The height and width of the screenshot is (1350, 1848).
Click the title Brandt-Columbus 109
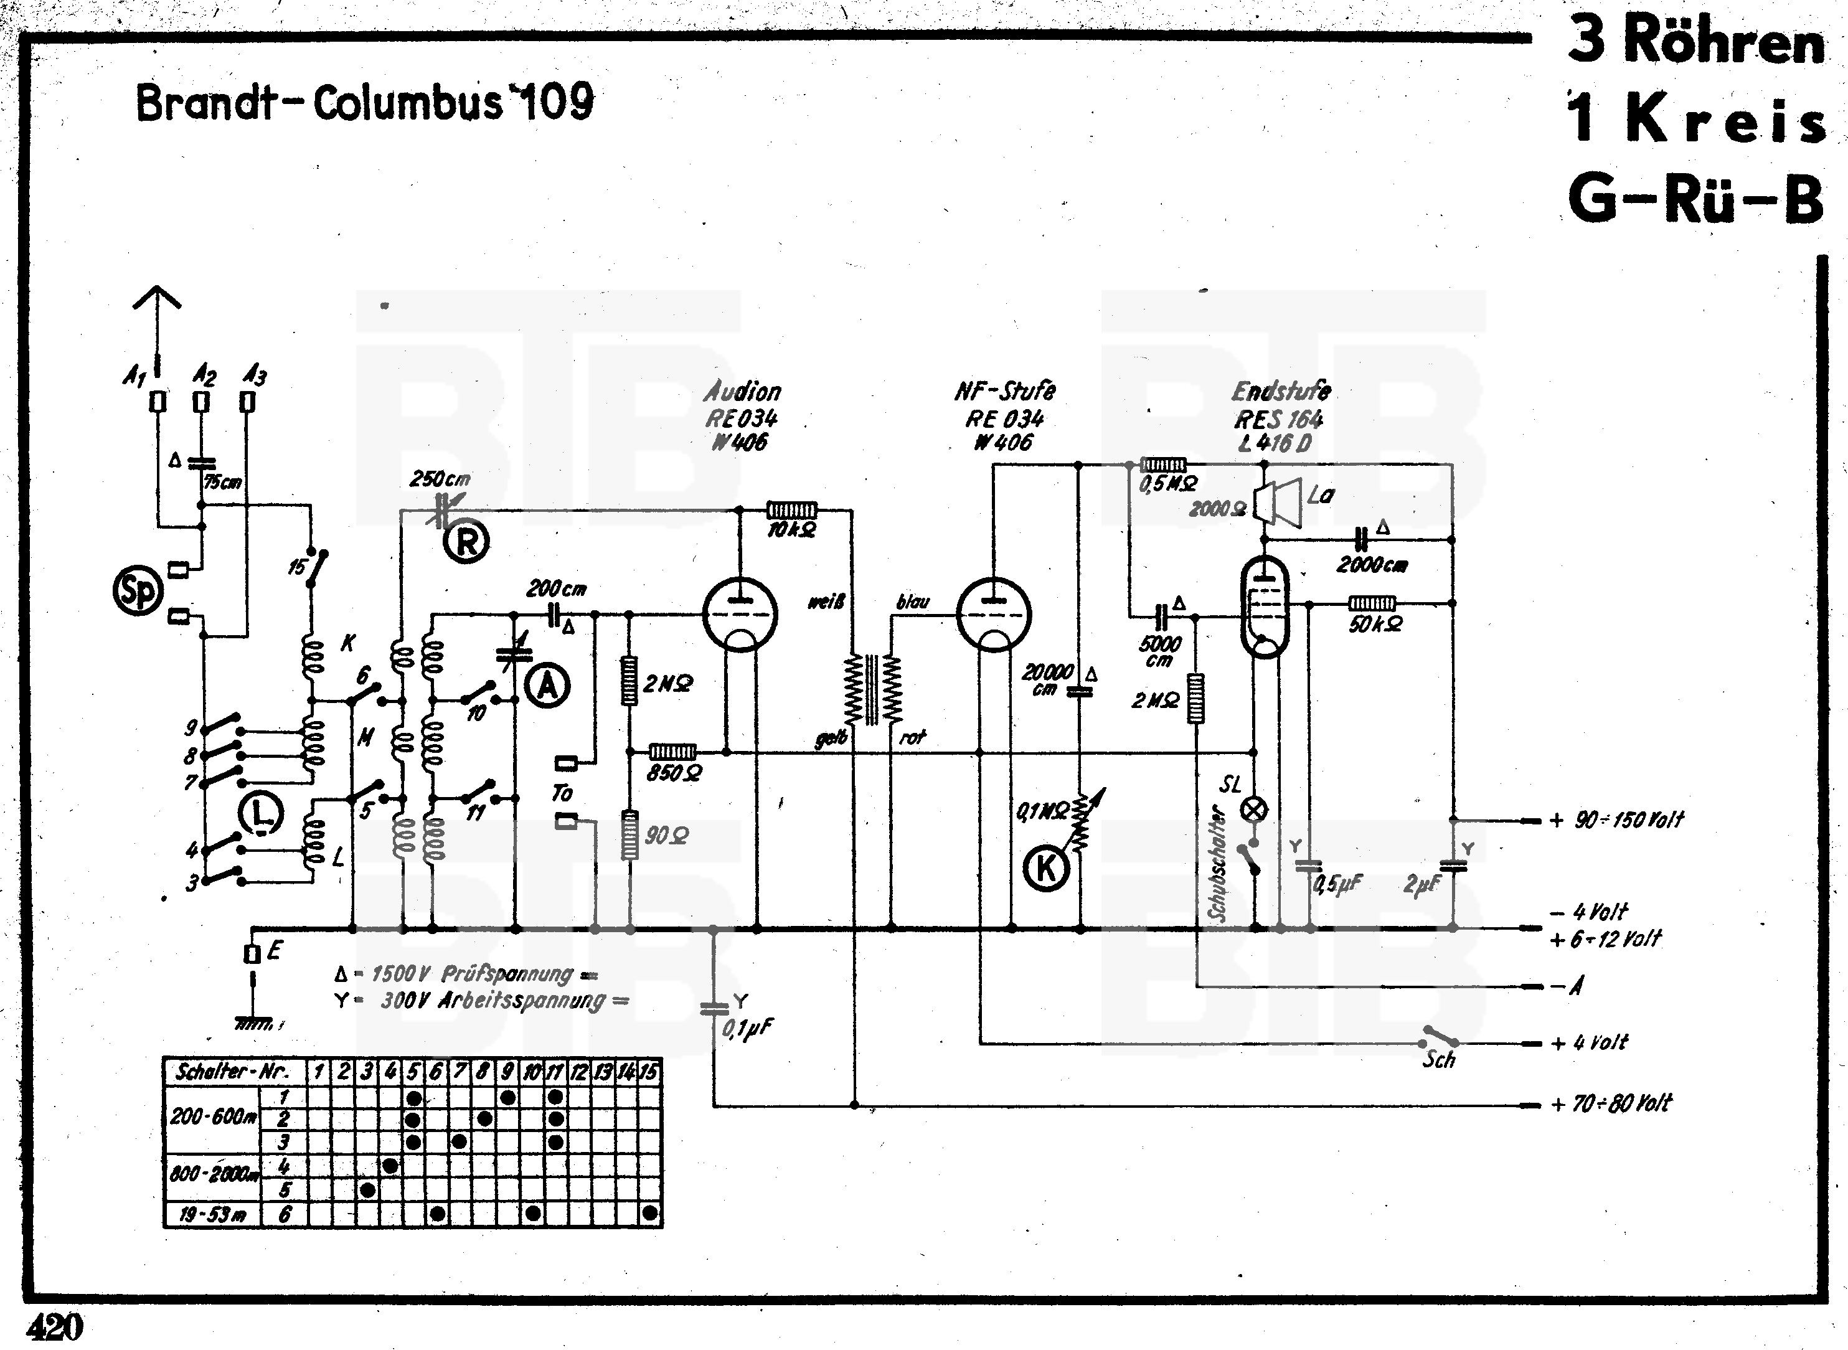(x=364, y=104)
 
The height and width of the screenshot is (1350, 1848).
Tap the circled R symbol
(x=466, y=541)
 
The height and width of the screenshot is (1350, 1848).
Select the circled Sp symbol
(x=137, y=592)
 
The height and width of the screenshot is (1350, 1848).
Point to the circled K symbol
(x=1046, y=869)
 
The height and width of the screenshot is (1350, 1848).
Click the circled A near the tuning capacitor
(x=547, y=686)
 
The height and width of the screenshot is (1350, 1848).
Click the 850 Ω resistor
(x=672, y=751)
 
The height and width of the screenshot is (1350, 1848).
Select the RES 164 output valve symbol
(x=1264, y=607)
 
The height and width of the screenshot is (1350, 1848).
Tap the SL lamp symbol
(x=1254, y=810)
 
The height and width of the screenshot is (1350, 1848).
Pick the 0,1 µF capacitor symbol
(x=714, y=1009)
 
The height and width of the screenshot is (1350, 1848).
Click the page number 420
(x=55, y=1327)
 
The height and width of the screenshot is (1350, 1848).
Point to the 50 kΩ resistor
(x=1372, y=603)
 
